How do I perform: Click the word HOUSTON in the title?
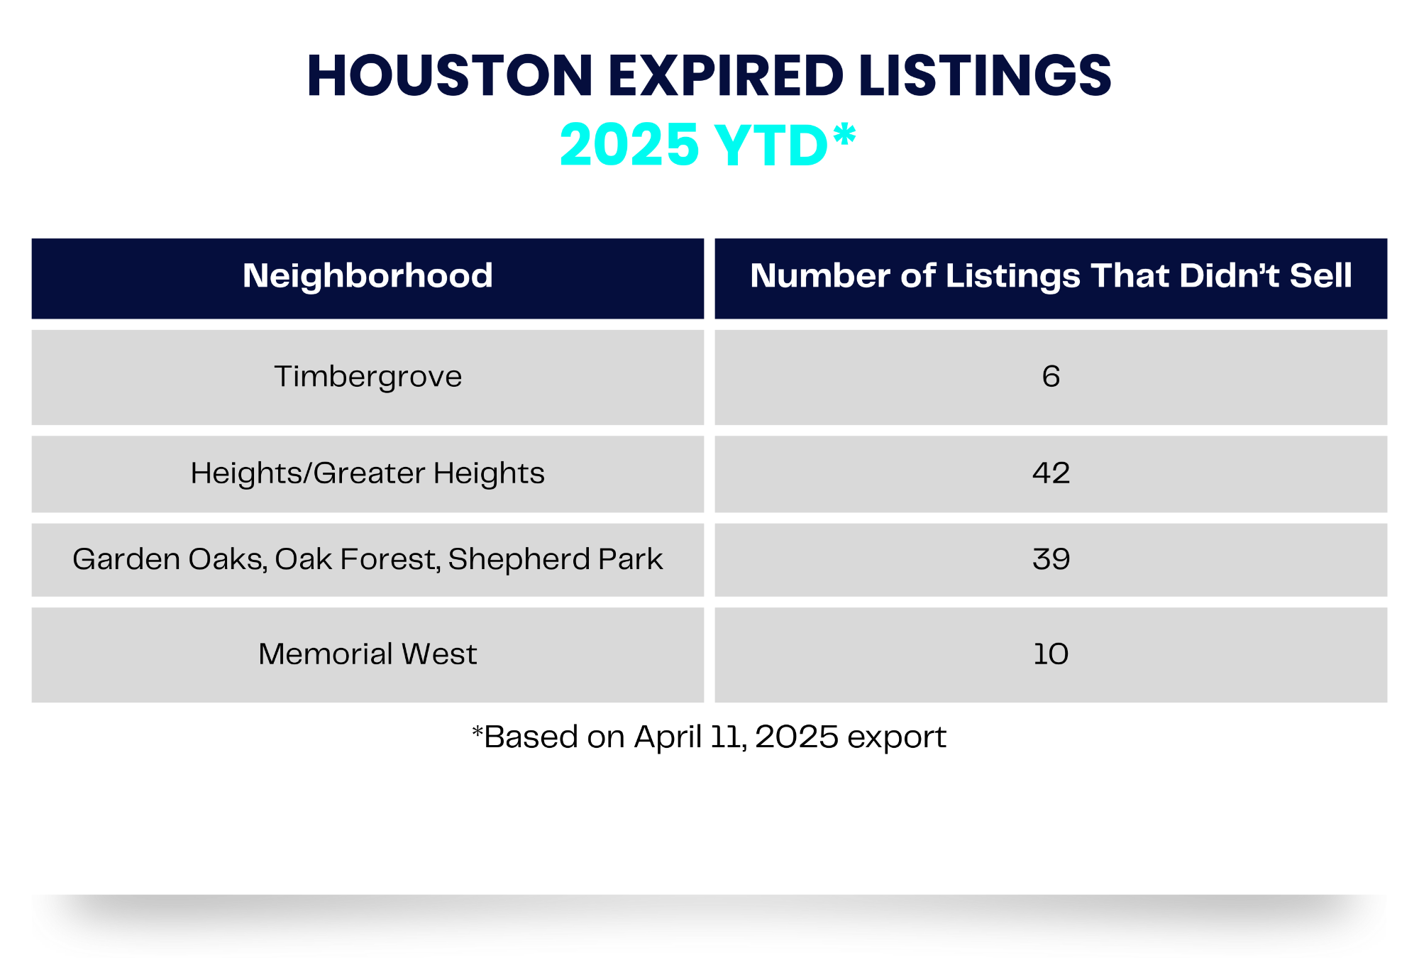tap(449, 75)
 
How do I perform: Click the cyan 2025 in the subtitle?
tap(629, 145)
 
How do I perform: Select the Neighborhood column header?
tap(368, 276)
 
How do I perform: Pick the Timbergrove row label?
tap(368, 377)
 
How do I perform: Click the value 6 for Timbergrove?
tap(1051, 377)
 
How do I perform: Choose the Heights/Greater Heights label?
tap(368, 473)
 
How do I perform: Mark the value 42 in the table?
tap(1051, 473)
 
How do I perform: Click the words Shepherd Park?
tap(555, 559)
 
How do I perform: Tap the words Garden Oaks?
tap(169, 559)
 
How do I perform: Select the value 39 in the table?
tap(1051, 559)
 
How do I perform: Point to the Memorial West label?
tap(368, 654)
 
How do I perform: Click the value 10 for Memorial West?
tap(1051, 654)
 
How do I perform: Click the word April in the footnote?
tap(668, 737)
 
